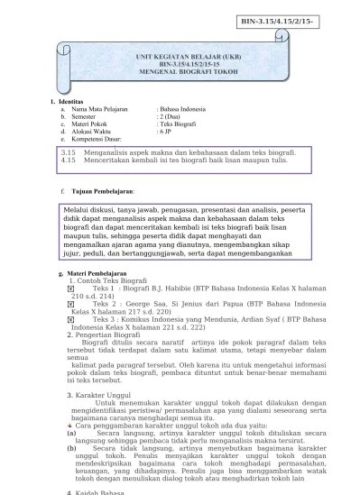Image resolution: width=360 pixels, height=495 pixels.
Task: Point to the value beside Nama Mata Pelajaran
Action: point(181,109)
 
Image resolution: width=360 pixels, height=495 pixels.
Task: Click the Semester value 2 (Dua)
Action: point(171,117)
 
